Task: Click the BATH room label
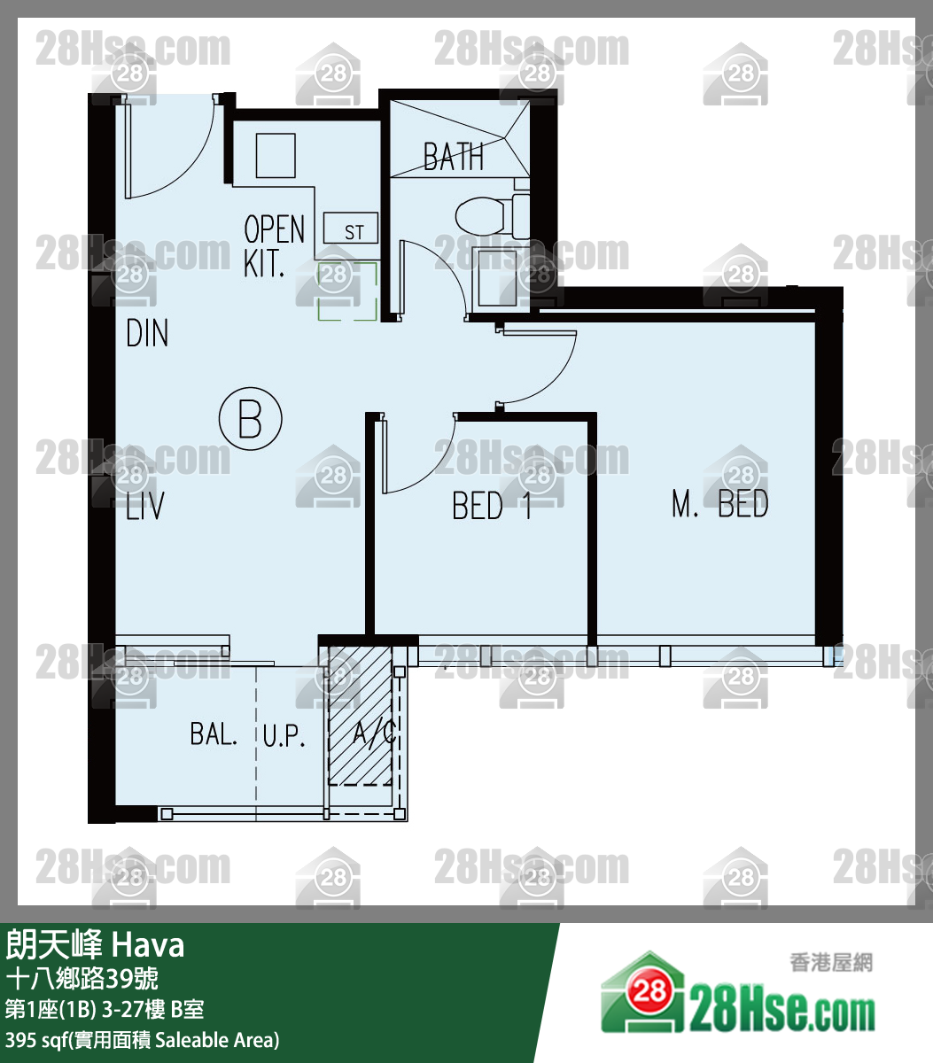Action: [453, 158]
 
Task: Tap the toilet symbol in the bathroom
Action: [484, 213]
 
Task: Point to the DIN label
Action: [147, 334]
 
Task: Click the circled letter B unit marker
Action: [250, 419]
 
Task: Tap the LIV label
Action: [144, 507]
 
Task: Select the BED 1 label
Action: [491, 506]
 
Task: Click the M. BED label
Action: [719, 504]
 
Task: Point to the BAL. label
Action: [214, 734]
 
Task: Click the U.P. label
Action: [284, 736]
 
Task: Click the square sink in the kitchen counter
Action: [276, 155]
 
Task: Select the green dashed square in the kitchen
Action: [348, 291]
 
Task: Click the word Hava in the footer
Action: [147, 945]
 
